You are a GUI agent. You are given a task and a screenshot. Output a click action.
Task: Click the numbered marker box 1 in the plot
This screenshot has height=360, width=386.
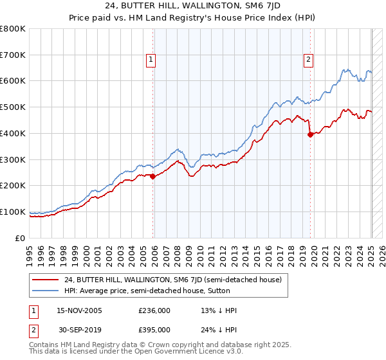click(150, 60)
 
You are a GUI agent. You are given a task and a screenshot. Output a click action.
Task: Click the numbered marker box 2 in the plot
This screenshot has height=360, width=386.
click(308, 60)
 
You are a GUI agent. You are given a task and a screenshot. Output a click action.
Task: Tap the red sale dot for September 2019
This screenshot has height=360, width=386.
click(310, 134)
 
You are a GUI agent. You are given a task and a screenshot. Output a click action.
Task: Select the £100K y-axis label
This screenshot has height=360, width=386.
click(13, 212)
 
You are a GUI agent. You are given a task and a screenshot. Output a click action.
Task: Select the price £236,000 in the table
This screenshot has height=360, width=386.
click(154, 310)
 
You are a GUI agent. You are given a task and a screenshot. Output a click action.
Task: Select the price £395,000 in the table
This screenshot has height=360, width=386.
click(154, 329)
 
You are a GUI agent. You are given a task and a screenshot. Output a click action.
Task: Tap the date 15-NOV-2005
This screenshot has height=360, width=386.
click(80, 310)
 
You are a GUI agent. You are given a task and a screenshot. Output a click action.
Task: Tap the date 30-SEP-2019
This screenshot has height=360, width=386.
click(79, 329)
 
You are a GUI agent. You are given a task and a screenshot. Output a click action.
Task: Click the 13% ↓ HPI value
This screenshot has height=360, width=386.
click(219, 310)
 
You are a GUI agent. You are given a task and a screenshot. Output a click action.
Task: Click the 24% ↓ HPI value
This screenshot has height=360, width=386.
click(219, 329)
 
